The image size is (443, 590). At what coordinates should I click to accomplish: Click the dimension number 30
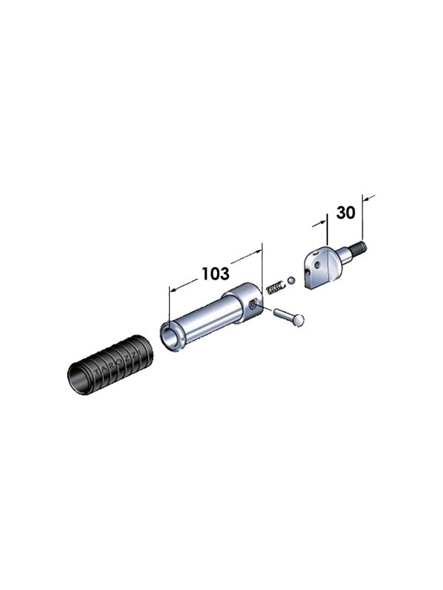coord(346,213)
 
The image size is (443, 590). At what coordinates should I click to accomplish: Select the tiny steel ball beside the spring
coord(292,280)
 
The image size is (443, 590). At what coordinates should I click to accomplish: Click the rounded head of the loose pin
coord(299,319)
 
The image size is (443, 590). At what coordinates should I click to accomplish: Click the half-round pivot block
coord(326,266)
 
